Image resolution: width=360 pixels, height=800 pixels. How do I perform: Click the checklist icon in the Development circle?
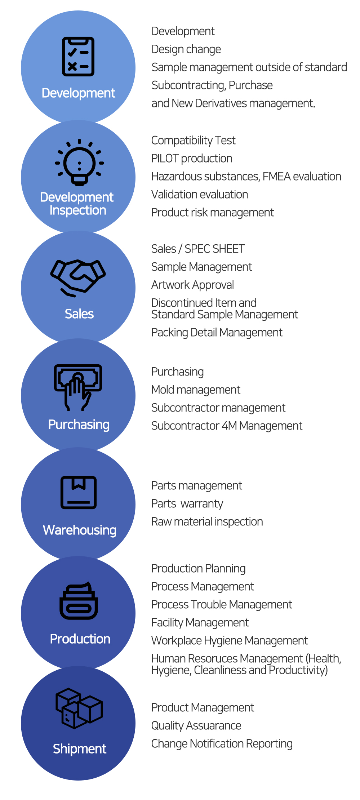[x=78, y=57]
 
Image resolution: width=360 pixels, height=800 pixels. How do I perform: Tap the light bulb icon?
[x=79, y=162]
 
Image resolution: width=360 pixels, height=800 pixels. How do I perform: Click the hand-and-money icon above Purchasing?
[x=78, y=387]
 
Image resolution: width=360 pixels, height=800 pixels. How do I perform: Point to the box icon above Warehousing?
[x=79, y=492]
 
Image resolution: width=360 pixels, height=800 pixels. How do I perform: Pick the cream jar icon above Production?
[x=79, y=601]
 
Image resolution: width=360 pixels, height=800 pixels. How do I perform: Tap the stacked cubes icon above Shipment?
[x=79, y=708]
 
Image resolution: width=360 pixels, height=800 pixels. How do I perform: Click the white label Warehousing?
[x=80, y=530]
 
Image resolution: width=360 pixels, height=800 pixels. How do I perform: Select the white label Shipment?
[x=80, y=749]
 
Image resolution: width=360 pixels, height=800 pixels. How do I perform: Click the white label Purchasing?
[x=79, y=425]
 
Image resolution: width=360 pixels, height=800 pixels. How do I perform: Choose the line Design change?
[x=186, y=49]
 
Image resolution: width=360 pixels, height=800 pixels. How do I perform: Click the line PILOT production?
[x=192, y=158]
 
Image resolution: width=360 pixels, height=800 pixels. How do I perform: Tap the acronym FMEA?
[x=276, y=176]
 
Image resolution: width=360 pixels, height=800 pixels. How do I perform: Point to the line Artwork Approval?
[x=192, y=285]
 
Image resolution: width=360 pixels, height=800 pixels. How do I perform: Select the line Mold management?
[x=196, y=390]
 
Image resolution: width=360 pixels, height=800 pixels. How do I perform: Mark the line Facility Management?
[x=200, y=622]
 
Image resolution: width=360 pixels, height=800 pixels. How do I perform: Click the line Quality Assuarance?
[x=196, y=725]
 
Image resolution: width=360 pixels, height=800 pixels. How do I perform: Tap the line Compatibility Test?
[x=193, y=140]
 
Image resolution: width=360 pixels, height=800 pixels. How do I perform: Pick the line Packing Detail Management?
[x=217, y=332]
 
